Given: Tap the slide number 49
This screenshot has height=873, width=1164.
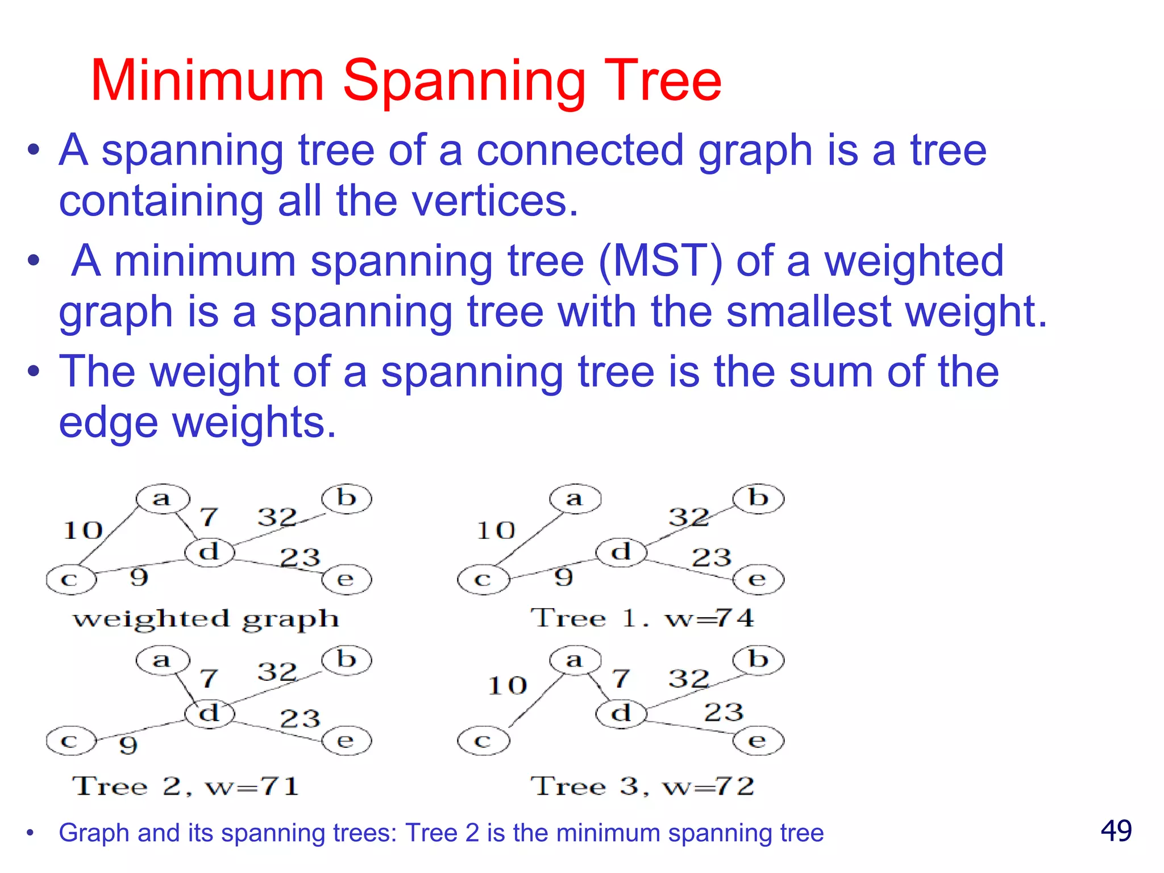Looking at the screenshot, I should pos(1116,831).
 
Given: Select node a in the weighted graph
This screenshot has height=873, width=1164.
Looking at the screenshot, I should pos(163,499).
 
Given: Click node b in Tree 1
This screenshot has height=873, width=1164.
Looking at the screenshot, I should pos(758,499).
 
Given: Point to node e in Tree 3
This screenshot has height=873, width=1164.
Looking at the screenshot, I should pos(758,741).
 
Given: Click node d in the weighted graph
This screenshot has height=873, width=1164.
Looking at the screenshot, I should pos(210,552).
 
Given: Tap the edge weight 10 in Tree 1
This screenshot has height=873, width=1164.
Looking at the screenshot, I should pos(496,531).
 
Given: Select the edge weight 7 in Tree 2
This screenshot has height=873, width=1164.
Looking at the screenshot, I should pos(209,678).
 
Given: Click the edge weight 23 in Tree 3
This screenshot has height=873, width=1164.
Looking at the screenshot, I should pos(724,712).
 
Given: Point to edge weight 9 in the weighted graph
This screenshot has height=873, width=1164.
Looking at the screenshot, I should pos(139,577).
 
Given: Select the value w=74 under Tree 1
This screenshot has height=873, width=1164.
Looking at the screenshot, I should pos(710,618).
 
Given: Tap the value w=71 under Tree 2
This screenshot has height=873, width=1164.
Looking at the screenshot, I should pos(252,787).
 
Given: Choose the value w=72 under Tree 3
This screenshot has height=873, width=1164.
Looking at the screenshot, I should pos(709,787).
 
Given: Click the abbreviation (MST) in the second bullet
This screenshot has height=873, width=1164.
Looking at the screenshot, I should pos(660,261).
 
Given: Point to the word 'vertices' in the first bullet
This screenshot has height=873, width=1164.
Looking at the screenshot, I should pos(489,201).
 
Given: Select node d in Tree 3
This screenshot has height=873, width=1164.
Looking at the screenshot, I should pos(621,713).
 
